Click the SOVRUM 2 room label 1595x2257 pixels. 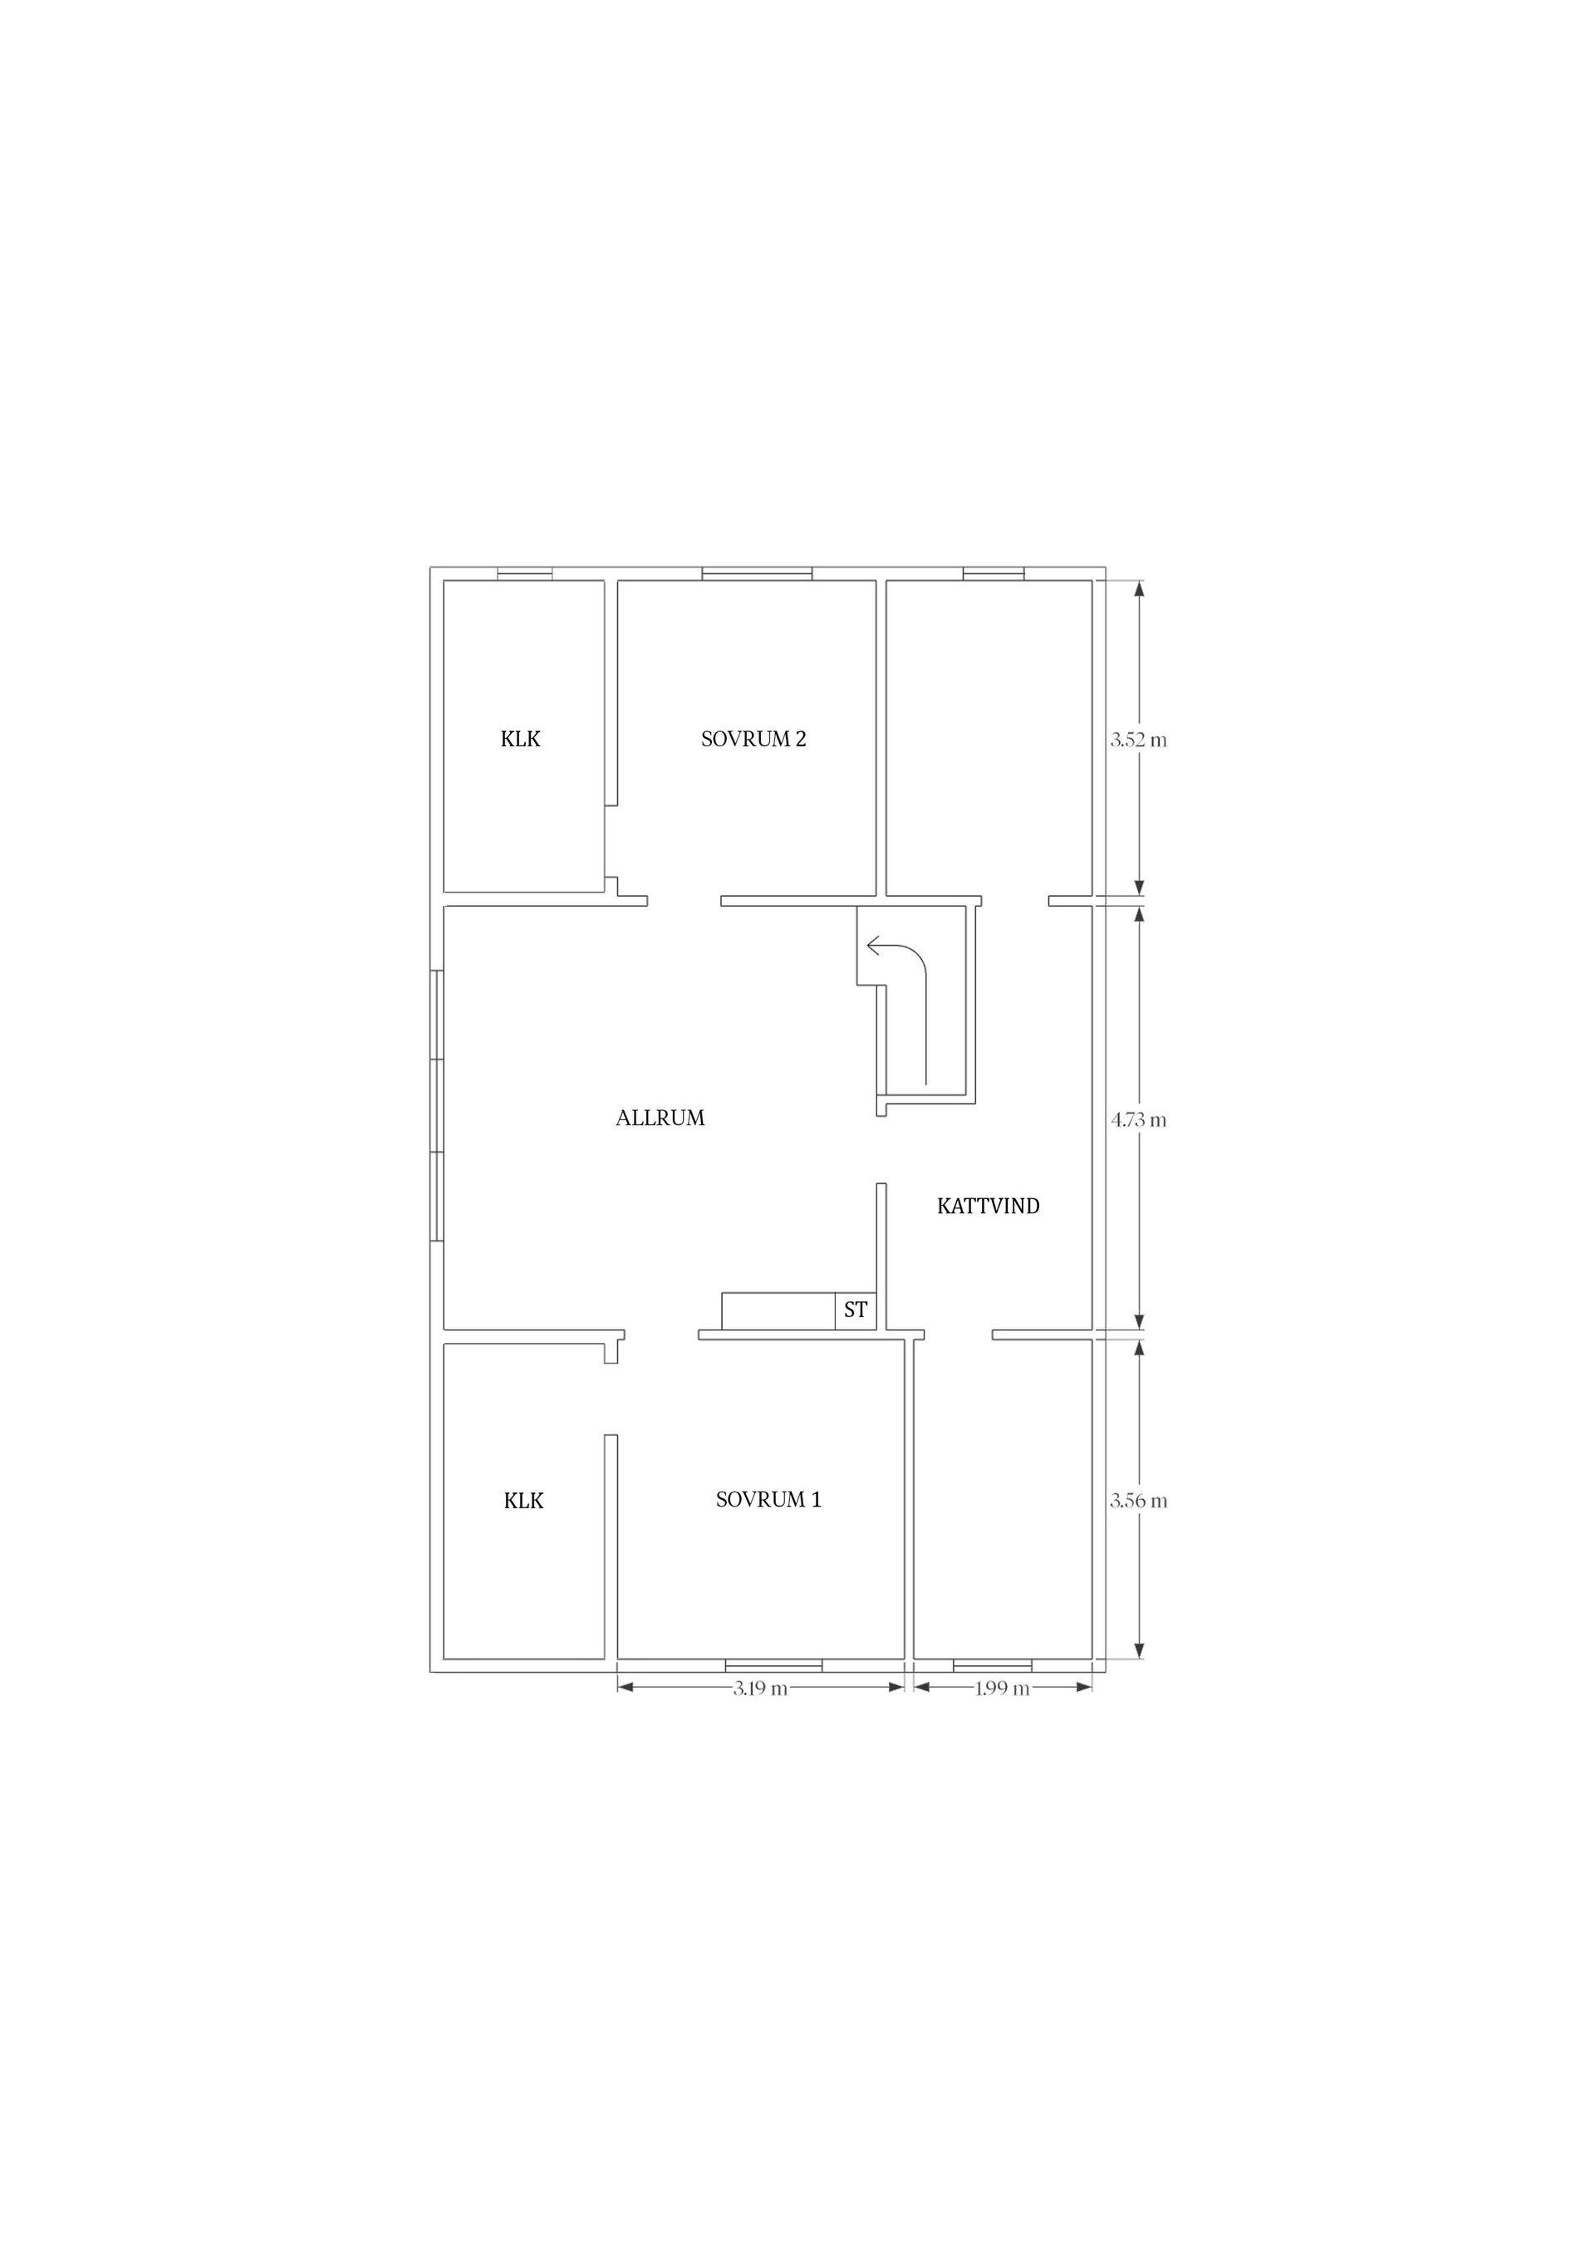(x=753, y=740)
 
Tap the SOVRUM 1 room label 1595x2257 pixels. (x=768, y=1499)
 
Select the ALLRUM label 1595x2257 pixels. (x=660, y=1118)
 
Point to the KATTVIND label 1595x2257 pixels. (x=988, y=1206)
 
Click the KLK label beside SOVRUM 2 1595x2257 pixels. (x=520, y=740)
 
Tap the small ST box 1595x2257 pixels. (x=855, y=1310)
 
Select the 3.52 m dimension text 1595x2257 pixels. (x=1139, y=740)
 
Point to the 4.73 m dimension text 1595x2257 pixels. (x=1139, y=1119)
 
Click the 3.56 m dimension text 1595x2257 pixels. (x=1139, y=1501)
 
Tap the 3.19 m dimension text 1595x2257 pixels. (x=761, y=1689)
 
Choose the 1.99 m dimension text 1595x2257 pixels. (x=1003, y=1689)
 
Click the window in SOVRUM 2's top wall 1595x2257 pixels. (x=757, y=574)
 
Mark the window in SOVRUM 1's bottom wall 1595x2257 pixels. (x=773, y=1665)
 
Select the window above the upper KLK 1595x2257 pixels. (x=524, y=574)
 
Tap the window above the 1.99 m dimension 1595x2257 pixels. (x=993, y=1665)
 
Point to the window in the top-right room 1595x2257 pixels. (x=994, y=574)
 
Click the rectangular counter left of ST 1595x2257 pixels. (x=778, y=1310)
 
